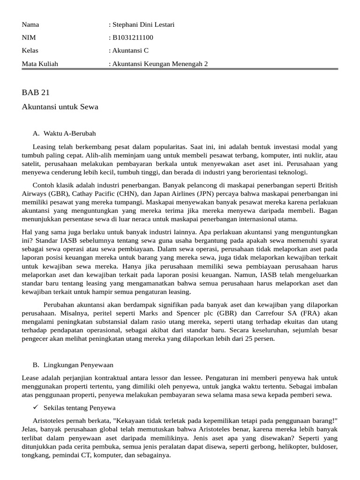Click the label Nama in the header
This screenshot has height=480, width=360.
(30, 24)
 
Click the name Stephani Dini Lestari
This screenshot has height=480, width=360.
(142, 24)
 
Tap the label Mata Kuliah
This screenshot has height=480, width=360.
(40, 64)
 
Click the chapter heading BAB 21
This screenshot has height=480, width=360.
(36, 92)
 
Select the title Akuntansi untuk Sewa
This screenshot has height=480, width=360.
(60, 107)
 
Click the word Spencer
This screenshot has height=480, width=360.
(175, 313)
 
